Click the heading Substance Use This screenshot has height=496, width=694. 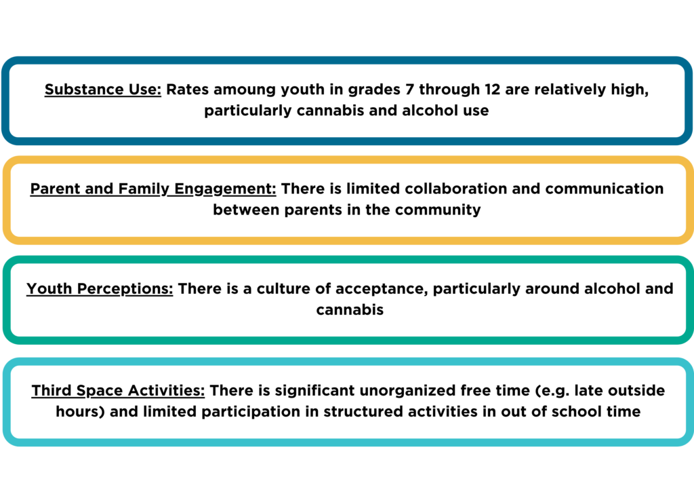tap(103, 90)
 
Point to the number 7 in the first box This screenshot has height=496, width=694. tap(409, 89)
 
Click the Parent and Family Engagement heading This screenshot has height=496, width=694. tap(153, 189)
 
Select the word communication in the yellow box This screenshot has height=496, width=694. tap(604, 189)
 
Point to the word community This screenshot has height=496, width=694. tap(438, 210)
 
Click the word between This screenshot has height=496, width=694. tap(246, 210)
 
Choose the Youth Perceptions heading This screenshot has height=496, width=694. tap(100, 289)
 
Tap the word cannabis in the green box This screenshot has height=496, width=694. tap(350, 309)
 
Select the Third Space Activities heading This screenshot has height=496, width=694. tap(118, 391)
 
